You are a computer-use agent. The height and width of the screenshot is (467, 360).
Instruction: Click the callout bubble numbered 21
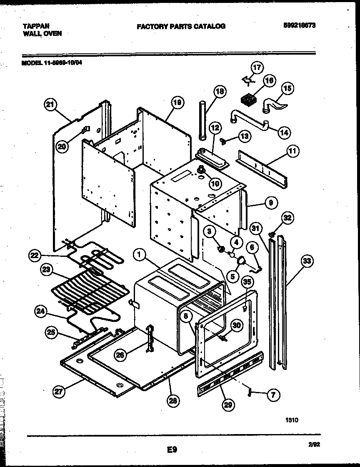[x=50, y=106]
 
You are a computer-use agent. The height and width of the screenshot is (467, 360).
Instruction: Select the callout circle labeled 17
[x=257, y=68]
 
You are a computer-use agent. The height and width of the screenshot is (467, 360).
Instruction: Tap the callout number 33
[x=307, y=262]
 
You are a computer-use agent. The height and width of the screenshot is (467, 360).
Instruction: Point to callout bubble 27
[x=59, y=391]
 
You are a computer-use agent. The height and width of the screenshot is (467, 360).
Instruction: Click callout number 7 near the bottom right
[x=273, y=395]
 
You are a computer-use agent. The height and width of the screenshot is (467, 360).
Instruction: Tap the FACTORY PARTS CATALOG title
[x=181, y=26]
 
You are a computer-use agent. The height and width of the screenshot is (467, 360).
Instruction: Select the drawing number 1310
[x=292, y=421]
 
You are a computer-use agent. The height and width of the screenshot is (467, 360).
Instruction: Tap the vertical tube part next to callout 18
[x=203, y=121]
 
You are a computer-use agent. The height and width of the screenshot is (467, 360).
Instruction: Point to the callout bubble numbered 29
[x=228, y=404]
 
